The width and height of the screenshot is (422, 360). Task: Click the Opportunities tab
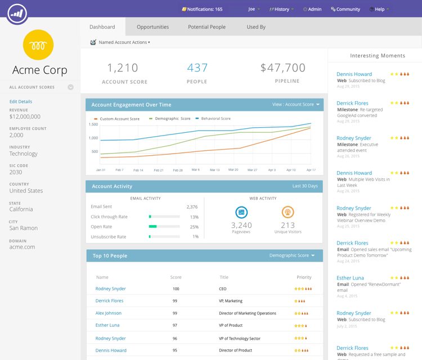tap(152, 27)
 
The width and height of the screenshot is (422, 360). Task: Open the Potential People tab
tap(206, 27)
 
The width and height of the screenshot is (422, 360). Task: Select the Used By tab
tap(256, 27)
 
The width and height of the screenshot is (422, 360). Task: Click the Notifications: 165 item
tap(202, 9)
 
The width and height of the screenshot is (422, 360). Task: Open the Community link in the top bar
tap(345, 9)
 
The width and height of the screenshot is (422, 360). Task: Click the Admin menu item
tap(312, 9)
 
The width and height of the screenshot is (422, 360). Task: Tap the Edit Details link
tap(21, 102)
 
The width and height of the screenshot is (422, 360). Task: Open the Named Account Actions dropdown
tap(124, 42)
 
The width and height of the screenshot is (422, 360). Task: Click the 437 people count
tap(197, 68)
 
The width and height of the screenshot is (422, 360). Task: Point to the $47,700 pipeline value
tap(283, 68)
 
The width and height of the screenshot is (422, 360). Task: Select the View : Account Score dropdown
tap(296, 105)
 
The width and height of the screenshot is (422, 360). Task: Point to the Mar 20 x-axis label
tap(233, 169)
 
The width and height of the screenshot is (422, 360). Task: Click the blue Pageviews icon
tap(241, 212)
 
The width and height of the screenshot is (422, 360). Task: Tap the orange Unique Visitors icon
tap(288, 212)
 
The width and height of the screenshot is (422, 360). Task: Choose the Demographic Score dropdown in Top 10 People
tap(292, 255)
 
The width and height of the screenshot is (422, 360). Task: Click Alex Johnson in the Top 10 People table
tap(109, 313)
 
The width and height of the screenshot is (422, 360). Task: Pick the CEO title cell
tap(223, 289)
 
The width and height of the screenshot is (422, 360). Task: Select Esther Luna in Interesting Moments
tap(350, 278)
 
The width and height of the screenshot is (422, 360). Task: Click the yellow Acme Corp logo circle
tap(38, 45)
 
